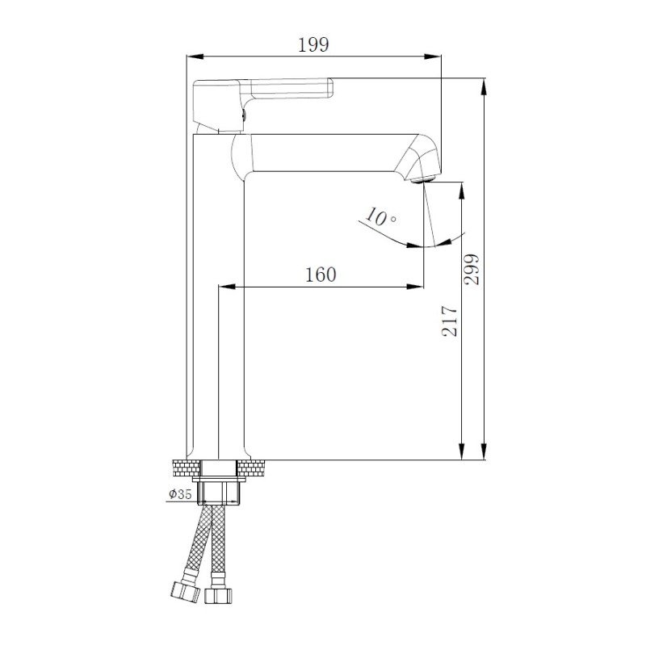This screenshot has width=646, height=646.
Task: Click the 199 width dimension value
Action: click(x=314, y=45)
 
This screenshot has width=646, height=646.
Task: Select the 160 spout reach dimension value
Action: click(x=321, y=275)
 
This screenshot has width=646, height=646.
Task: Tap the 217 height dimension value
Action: click(x=451, y=321)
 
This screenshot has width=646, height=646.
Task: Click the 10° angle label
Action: click(x=380, y=217)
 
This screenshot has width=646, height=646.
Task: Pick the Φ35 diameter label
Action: click(x=179, y=494)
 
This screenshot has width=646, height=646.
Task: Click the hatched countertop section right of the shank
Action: click(x=251, y=467)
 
